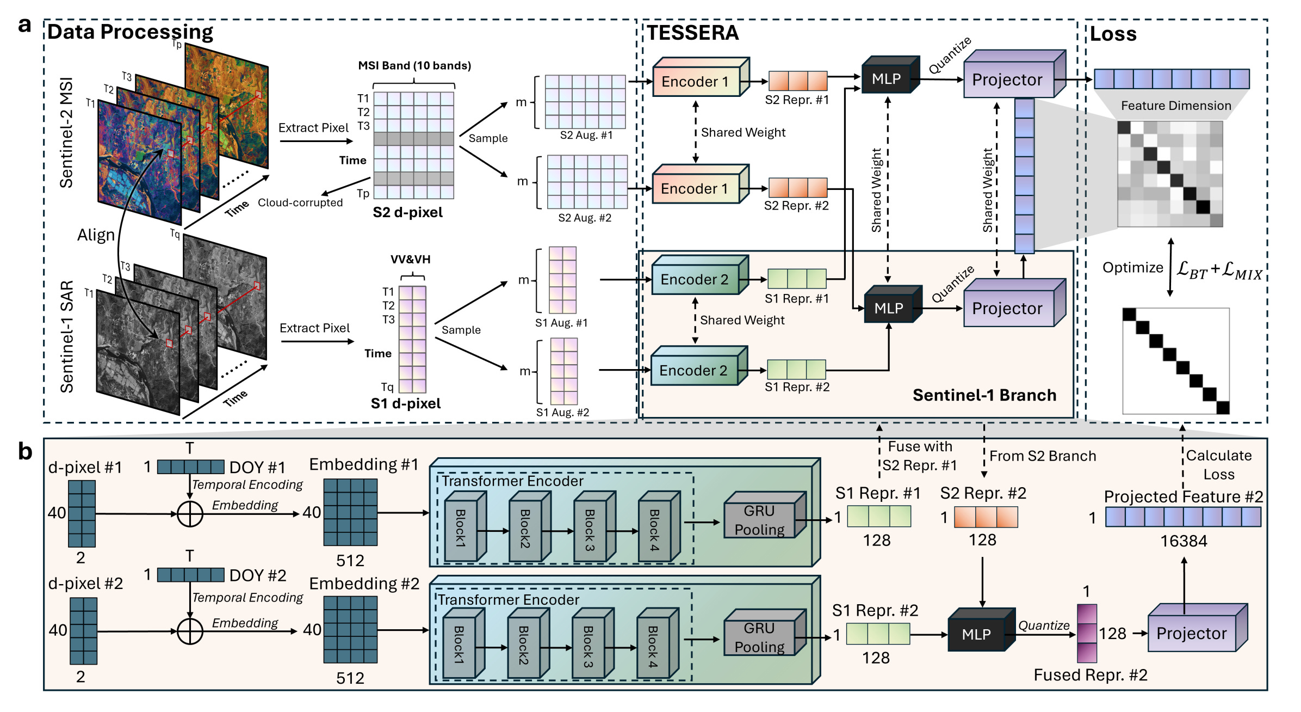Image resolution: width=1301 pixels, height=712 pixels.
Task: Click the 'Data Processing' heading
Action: click(x=130, y=32)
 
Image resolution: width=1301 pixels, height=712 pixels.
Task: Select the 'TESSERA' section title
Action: click(x=692, y=33)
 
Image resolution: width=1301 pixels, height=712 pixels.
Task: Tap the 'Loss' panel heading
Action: click(x=1113, y=34)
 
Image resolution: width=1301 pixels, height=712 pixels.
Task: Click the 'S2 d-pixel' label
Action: click(x=407, y=212)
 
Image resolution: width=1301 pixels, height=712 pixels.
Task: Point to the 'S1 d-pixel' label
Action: click(x=405, y=403)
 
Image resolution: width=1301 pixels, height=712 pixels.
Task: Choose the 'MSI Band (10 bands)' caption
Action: click(x=414, y=66)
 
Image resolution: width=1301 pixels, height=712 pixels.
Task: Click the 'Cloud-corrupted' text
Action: click(x=300, y=202)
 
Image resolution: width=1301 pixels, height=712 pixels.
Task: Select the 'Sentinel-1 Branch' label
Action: click(x=984, y=395)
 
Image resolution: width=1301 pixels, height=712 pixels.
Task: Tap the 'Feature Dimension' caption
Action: click(x=1175, y=106)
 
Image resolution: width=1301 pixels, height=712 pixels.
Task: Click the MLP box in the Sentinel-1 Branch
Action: click(x=889, y=309)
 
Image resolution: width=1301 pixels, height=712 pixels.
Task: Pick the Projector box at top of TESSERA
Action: click(x=1007, y=80)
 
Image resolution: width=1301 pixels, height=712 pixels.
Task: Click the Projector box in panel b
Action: click(x=1191, y=634)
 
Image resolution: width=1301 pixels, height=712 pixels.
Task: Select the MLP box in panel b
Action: click(x=976, y=635)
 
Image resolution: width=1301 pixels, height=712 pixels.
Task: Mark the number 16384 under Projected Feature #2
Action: click(x=1184, y=541)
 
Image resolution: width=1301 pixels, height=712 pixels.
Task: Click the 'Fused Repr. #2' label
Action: click(x=1090, y=675)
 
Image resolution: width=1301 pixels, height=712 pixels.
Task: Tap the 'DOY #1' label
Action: click(x=257, y=468)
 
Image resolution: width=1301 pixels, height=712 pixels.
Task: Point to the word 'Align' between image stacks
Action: click(x=96, y=235)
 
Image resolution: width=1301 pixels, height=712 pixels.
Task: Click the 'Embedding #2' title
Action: click(x=364, y=584)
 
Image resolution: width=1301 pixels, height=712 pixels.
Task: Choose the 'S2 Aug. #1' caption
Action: click(x=586, y=136)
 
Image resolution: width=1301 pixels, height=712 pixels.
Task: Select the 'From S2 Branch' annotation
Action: click(x=1042, y=456)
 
